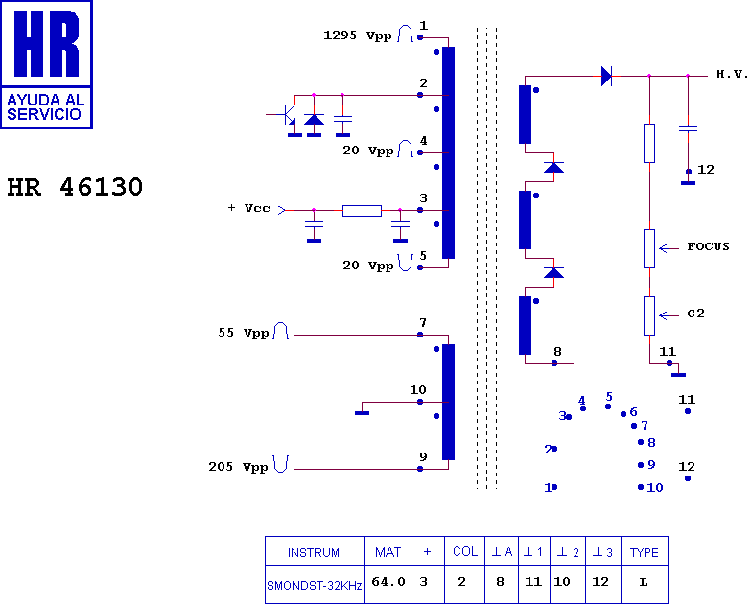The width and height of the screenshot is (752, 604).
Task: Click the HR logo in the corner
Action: click(46, 65)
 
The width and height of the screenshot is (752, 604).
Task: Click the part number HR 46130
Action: click(75, 187)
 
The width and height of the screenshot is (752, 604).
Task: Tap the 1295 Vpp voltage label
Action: click(357, 35)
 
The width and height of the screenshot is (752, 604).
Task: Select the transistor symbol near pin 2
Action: click(288, 114)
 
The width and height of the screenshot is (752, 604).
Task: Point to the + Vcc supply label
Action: click(249, 208)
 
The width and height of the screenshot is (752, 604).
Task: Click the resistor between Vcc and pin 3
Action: click(363, 211)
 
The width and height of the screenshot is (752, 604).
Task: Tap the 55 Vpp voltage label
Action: click(244, 333)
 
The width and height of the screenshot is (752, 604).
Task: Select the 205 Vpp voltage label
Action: click(238, 467)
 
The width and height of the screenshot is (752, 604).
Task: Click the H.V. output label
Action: click(732, 74)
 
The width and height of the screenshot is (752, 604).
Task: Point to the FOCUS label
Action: click(708, 246)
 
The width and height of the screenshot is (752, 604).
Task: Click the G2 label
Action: click(695, 314)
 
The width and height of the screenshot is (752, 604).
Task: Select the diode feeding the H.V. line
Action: click(606, 77)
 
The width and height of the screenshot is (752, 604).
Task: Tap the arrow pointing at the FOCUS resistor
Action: click(670, 248)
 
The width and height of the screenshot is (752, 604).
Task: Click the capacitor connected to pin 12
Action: click(689, 128)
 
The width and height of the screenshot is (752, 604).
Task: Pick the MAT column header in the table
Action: click(388, 552)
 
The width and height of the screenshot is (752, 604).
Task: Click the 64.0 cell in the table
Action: click(388, 581)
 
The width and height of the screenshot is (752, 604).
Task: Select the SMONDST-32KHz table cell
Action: click(315, 585)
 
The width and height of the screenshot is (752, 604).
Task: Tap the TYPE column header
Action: click(645, 552)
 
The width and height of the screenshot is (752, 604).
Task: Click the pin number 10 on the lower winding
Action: click(418, 389)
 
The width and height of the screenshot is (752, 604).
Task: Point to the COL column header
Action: click(465, 552)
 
